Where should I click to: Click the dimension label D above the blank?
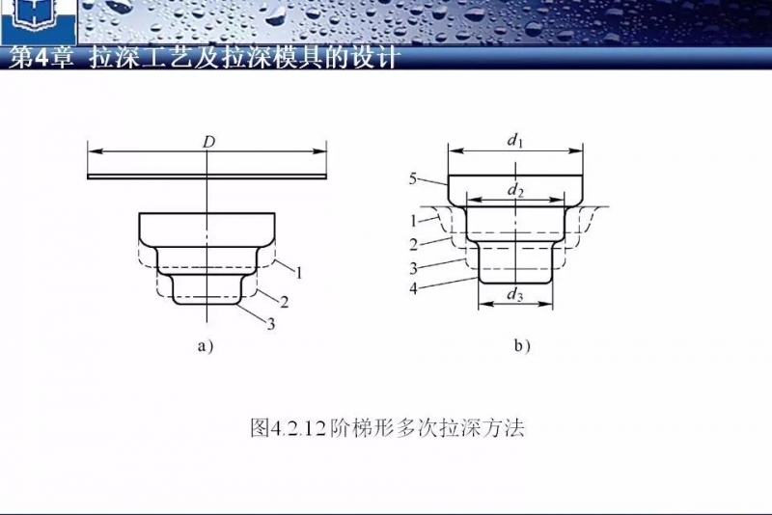coord(209,142)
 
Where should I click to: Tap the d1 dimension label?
coord(514,141)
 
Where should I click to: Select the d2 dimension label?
coord(515,189)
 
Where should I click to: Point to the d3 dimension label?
coord(515,294)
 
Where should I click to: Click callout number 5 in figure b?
coord(413,178)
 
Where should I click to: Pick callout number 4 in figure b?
coord(414,288)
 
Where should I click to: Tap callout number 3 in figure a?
coord(271,324)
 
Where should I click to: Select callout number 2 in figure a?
coord(284,302)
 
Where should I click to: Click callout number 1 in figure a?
coord(298,272)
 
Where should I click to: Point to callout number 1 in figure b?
coord(414,221)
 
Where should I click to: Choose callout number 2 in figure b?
coord(414,244)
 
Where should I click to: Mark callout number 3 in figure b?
coord(414,268)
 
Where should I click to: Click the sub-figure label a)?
coord(206,346)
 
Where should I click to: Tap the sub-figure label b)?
coord(522,346)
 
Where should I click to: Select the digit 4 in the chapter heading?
coord(41,59)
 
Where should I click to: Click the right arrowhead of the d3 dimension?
coord(545,305)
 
